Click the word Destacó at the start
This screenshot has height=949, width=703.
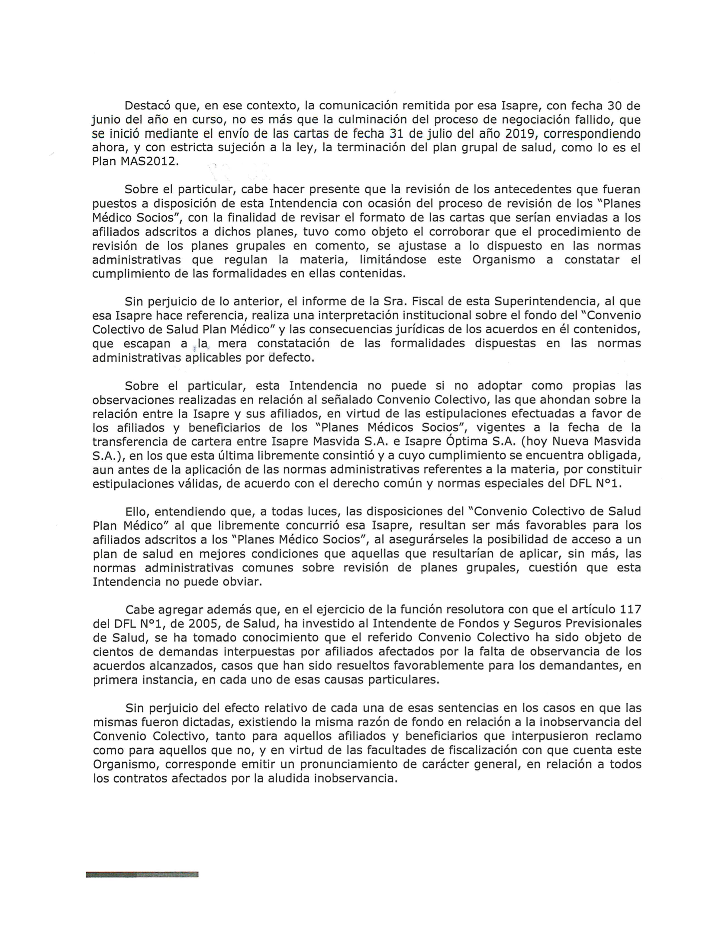click(x=146, y=106)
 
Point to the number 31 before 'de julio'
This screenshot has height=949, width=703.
click(x=397, y=134)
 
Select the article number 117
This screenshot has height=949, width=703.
click(x=630, y=609)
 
